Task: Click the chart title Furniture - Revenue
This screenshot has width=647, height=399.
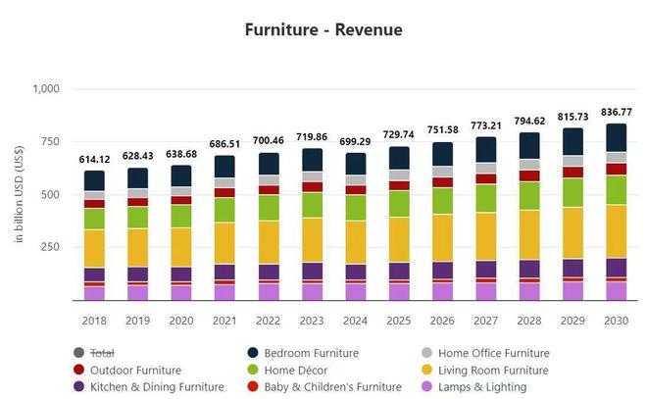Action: pyautogui.click(x=323, y=29)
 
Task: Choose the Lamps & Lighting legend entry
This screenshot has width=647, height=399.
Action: pyautogui.click(x=482, y=388)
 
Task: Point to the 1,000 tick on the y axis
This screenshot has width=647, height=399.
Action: pyautogui.click(x=46, y=89)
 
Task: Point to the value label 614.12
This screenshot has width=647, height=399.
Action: pyautogui.click(x=94, y=159)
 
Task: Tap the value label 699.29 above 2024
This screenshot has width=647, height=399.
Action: pyautogui.click(x=355, y=141)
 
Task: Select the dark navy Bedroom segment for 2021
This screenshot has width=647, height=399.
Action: pyautogui.click(x=224, y=166)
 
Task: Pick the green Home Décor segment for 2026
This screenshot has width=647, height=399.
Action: pyautogui.click(x=442, y=200)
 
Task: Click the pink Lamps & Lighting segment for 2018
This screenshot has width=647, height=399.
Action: pyautogui.click(x=94, y=293)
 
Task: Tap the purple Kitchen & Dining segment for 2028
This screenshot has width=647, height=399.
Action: pyautogui.click(x=529, y=269)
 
